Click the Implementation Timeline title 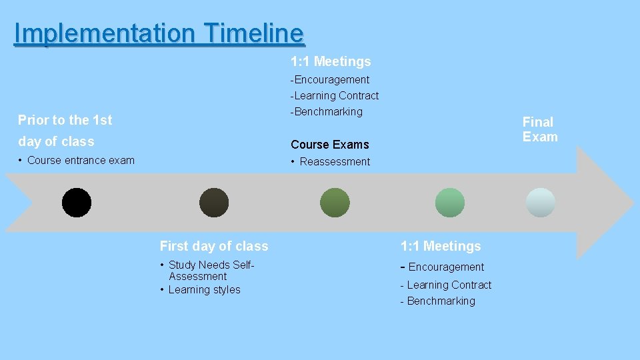(x=159, y=33)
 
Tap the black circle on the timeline (x=77, y=203)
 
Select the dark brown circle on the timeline (x=214, y=203)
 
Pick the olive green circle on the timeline (x=335, y=203)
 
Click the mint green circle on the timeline (x=449, y=203)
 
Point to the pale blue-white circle (x=540, y=203)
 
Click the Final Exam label (x=539, y=129)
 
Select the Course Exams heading (x=329, y=145)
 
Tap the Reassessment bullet (x=335, y=162)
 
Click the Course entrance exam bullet (x=81, y=161)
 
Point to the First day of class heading (x=214, y=246)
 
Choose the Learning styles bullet (x=204, y=290)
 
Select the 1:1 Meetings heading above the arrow (x=331, y=62)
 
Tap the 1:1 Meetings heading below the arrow (x=440, y=246)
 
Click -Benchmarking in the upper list (x=326, y=112)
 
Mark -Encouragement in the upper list (x=329, y=80)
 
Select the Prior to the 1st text (x=65, y=121)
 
